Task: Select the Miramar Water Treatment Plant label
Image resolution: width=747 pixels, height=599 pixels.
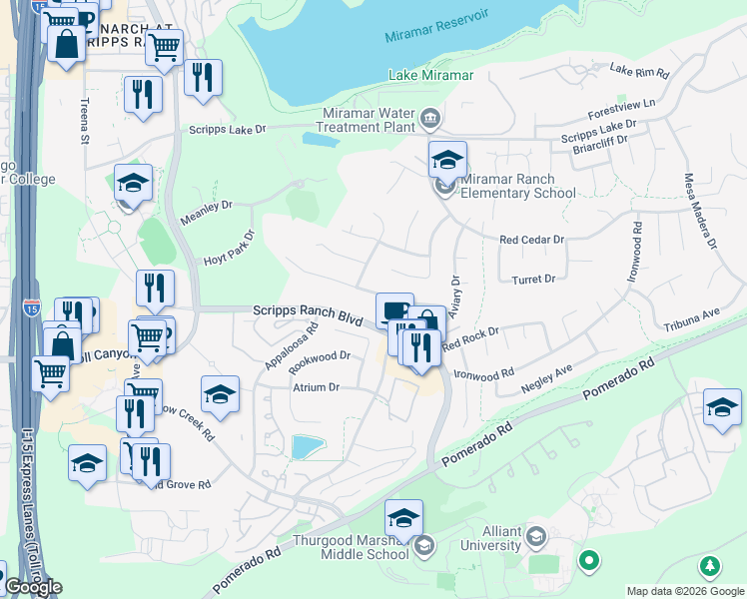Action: tap(367, 120)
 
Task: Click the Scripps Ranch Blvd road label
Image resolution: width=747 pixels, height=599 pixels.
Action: tap(307, 311)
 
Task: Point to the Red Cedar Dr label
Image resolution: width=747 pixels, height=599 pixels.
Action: tap(532, 241)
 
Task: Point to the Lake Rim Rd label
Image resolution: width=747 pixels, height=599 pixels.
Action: tap(638, 70)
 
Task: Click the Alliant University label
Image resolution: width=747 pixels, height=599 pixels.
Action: tap(489, 539)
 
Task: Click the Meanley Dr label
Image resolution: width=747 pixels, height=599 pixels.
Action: tap(206, 212)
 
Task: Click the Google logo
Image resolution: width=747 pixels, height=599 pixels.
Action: tap(33, 587)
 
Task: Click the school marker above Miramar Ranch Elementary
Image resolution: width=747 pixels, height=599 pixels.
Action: tap(447, 159)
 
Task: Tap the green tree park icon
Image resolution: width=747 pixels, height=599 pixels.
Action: tap(710, 567)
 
